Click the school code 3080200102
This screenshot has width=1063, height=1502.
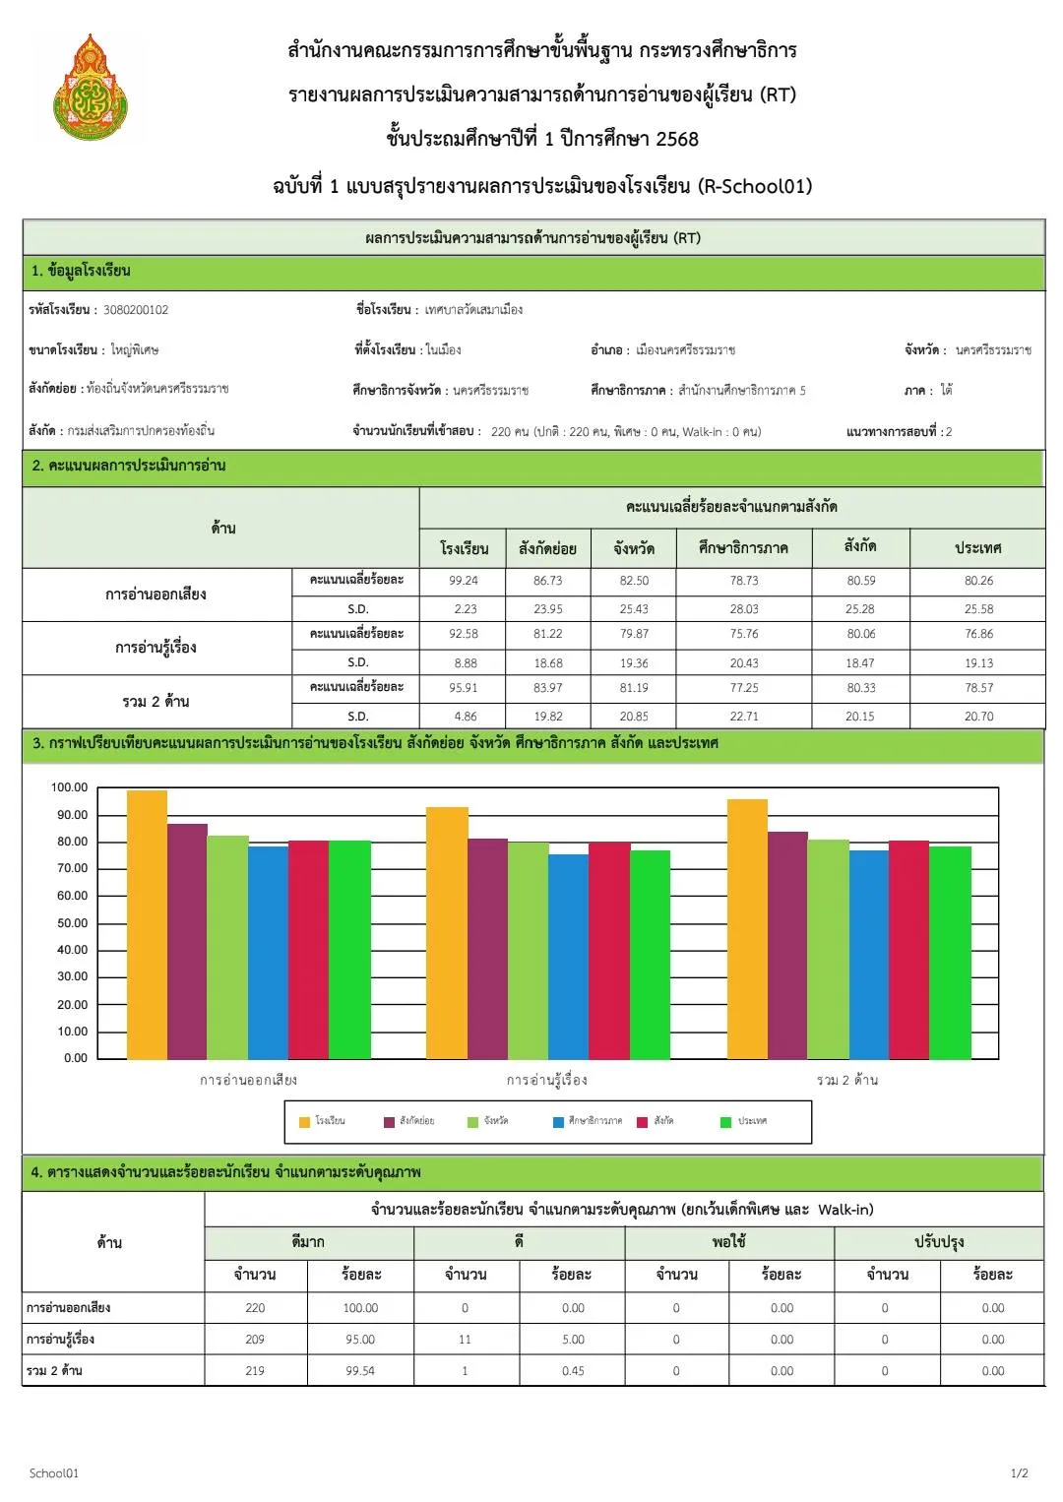pos(136,310)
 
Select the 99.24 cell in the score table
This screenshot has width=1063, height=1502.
pos(464,581)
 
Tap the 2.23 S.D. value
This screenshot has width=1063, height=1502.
pos(464,609)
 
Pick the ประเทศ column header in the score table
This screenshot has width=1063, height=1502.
pos(977,548)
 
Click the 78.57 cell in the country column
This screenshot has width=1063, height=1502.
pos(978,688)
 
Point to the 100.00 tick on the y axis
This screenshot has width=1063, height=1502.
pos(69,787)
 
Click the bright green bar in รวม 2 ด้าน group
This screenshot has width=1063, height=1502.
pos(950,952)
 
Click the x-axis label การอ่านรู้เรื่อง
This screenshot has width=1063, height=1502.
pos(547,1080)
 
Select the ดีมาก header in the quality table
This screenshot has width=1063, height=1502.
pos(308,1242)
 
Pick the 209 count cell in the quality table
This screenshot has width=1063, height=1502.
pos(255,1340)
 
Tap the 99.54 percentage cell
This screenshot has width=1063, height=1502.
pos(360,1371)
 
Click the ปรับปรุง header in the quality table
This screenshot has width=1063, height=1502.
pos(938,1242)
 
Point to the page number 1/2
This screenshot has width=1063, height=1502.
pos(1019,1473)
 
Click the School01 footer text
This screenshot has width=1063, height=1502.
pos(54,1473)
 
